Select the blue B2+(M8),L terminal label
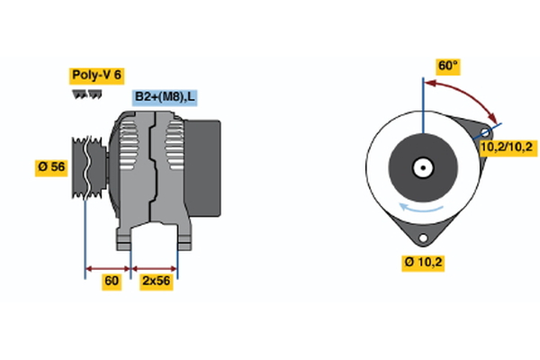166,97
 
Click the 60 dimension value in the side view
111,282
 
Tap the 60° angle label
447,66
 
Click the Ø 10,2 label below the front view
423,262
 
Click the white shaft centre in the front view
421,167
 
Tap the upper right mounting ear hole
486,132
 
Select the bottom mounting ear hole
421,237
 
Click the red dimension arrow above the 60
108,267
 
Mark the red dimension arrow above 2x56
155,267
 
